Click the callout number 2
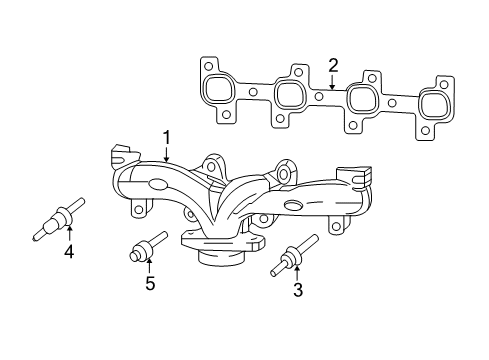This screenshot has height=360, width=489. pos(333,66)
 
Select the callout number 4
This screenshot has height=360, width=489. pos(69,252)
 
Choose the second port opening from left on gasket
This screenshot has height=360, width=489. pos(290,94)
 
